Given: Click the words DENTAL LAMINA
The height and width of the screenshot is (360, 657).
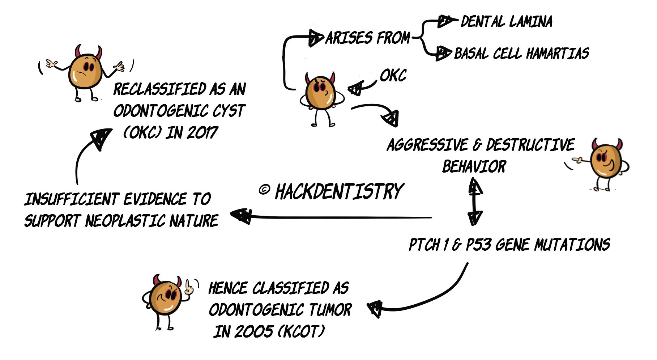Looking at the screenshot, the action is click(506, 22).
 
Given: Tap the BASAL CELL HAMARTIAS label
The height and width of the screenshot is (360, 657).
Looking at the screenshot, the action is click(521, 54).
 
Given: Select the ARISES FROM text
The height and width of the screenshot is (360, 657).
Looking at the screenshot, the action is click(368, 38).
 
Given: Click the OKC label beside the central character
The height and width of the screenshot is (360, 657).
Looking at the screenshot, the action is click(393, 76).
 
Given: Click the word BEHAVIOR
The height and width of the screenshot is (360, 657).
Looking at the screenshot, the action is click(474, 167).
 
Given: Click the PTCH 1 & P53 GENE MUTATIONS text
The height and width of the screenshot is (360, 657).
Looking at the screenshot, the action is click(509, 245).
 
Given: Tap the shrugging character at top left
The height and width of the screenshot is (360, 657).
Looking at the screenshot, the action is click(85, 71).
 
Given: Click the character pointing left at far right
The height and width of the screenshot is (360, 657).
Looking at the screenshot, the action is click(605, 162).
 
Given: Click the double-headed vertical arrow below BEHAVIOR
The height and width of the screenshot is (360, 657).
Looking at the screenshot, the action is click(475, 201).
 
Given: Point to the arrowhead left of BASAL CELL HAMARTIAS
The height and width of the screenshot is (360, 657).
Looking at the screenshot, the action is click(443, 53).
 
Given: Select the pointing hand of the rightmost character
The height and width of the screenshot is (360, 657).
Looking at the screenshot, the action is click(578, 159).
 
